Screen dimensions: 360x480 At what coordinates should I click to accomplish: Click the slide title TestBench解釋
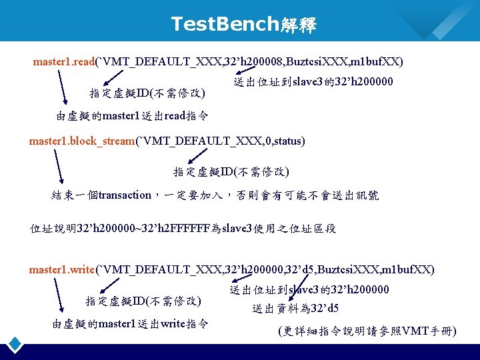243,25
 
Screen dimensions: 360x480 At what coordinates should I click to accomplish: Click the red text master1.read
64,62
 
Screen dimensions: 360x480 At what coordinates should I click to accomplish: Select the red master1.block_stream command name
82,141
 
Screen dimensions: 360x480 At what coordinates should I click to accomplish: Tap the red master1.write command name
62,270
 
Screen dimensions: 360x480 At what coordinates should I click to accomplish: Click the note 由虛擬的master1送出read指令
132,116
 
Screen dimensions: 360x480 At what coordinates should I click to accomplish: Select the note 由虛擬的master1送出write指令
130,325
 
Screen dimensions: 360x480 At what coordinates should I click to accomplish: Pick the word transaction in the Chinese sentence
125,195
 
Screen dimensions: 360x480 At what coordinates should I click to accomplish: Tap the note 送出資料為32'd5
295,309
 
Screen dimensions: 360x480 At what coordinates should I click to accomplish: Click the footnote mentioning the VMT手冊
367,331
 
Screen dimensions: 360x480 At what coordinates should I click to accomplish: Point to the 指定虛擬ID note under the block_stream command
231,172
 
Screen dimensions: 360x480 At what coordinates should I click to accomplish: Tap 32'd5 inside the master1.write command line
296,270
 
